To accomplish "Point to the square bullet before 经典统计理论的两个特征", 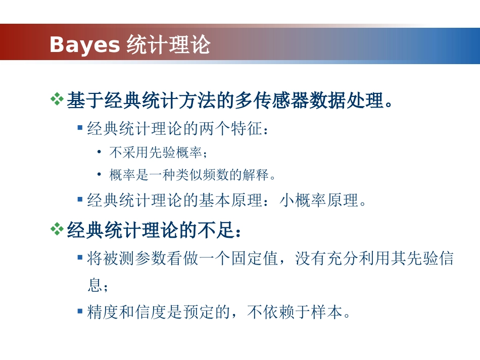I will [80, 128].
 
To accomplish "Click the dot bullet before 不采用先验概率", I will [100, 151].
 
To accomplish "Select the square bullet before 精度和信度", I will [80, 311].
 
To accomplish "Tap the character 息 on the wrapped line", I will [94, 286].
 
